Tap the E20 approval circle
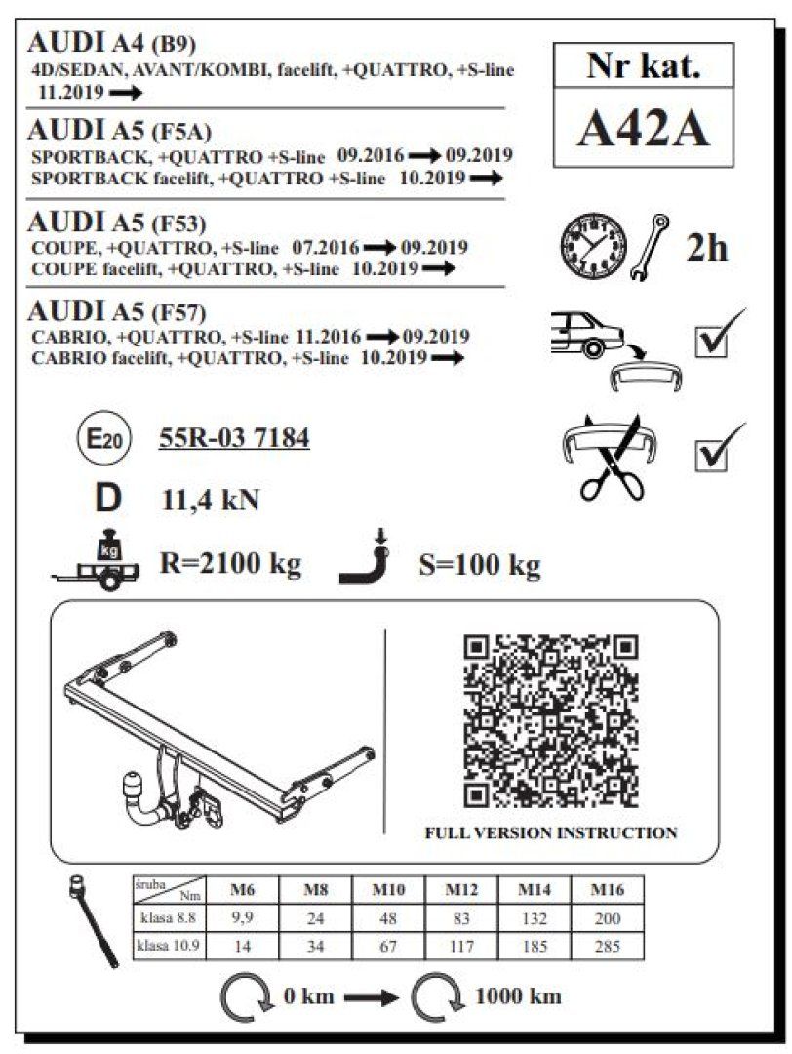coord(100,440)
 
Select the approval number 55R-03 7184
coord(234,439)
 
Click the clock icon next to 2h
coord(593,243)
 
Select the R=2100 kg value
coord(230,563)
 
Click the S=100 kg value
coord(479,564)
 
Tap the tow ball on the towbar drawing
coord(131,784)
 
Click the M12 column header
coord(461,890)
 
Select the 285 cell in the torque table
coord(608,946)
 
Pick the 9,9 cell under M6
coord(242,918)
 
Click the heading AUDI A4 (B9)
coord(113,43)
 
